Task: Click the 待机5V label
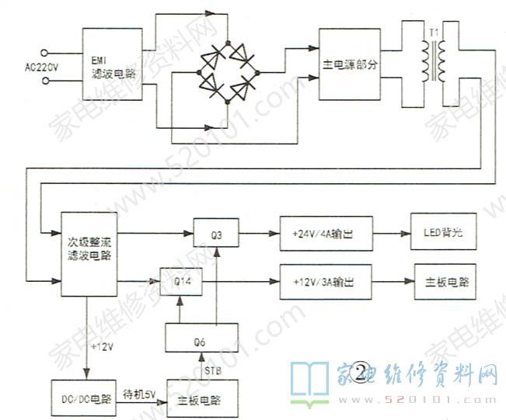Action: [x=139, y=394]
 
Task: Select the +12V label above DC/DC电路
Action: [x=103, y=346]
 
